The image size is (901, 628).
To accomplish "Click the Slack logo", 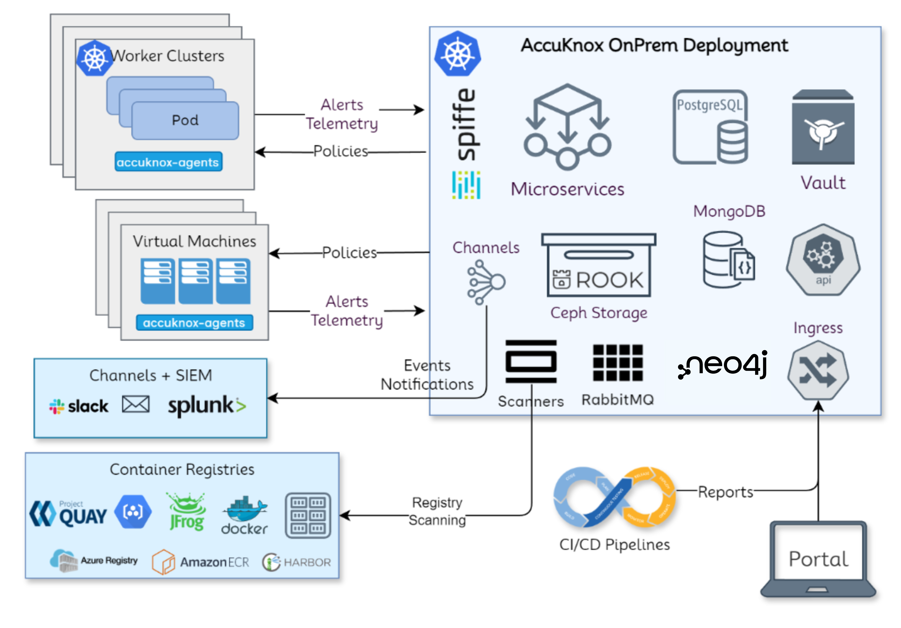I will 79,406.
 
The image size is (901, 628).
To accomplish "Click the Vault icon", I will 823,128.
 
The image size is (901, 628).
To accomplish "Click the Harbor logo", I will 297,562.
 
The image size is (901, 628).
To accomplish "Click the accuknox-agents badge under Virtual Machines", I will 194,323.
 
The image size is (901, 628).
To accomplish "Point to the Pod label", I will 185,120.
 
